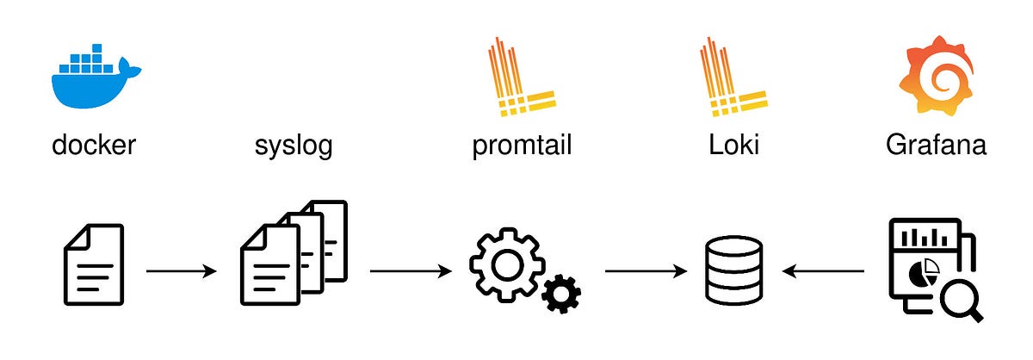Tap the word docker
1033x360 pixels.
[94, 145]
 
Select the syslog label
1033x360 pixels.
[293, 145]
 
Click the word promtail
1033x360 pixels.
[522, 145]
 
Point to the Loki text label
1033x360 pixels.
[733, 144]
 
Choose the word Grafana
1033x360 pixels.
[936, 144]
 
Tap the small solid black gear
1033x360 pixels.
[561, 295]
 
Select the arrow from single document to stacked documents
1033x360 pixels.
[182, 271]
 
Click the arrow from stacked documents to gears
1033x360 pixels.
[411, 271]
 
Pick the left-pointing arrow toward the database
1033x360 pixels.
[823, 271]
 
